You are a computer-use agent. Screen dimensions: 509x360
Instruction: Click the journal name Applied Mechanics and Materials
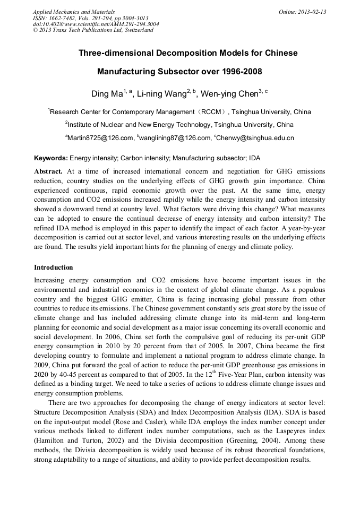74,12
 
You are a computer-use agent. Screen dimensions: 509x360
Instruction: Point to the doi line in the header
96,24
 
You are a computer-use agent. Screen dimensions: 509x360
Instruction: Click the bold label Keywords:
51,158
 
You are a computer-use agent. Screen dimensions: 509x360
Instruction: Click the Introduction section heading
54,267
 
